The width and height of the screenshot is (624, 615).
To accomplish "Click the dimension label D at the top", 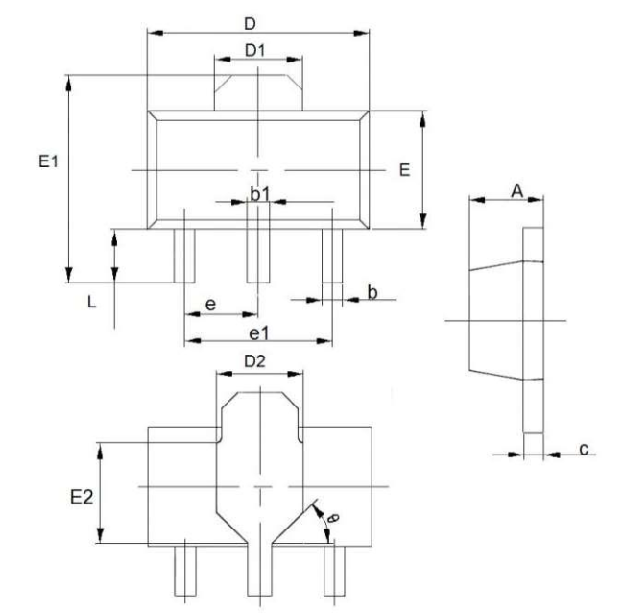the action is [250, 24].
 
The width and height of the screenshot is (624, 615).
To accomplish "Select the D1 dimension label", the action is [254, 51].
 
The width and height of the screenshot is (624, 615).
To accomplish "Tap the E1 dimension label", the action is [48, 161].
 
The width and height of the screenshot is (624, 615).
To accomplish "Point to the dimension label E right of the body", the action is [404, 170].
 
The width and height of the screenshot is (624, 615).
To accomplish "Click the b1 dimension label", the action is [260, 194].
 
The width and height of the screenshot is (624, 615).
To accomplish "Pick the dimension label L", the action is [91, 303].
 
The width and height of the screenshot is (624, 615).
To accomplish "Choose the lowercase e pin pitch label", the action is [210, 306].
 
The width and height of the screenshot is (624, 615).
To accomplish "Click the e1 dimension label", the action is [259, 333].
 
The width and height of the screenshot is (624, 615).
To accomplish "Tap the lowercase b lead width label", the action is [372, 292].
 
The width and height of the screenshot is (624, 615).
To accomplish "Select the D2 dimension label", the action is [254, 361].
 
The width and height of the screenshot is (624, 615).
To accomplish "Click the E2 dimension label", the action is [82, 497].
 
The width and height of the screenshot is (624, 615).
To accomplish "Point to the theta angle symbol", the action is [333, 518].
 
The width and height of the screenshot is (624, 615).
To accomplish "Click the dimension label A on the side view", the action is [516, 191].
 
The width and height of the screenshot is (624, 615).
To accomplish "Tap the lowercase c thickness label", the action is [584, 449].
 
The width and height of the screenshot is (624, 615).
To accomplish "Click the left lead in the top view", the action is [184, 256].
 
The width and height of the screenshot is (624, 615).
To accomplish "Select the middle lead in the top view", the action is [258, 256].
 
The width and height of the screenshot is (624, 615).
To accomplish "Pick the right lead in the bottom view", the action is [334, 571].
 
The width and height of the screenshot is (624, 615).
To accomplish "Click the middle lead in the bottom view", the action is [259, 570].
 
